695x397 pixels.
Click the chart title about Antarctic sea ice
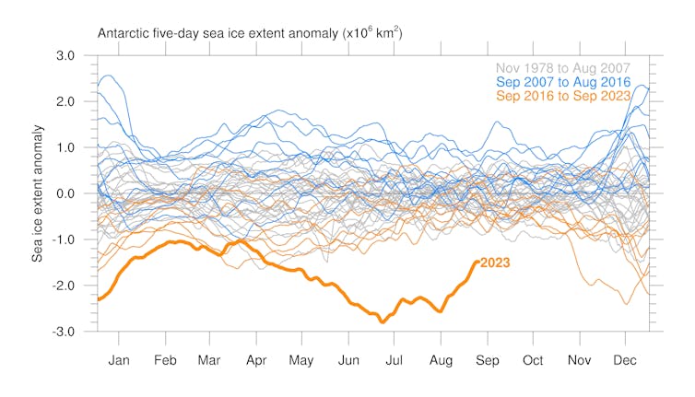click(x=250, y=33)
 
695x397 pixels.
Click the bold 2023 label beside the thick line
click(x=495, y=263)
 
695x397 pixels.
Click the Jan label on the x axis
click(x=119, y=360)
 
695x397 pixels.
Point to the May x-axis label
click(x=301, y=360)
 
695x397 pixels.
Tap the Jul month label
click(x=395, y=360)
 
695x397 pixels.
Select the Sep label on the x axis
click(x=489, y=360)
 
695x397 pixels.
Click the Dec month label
click(x=627, y=360)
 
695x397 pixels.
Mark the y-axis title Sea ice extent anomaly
click(x=39, y=194)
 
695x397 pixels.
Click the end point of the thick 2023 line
click(x=476, y=262)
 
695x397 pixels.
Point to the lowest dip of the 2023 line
click(x=381, y=321)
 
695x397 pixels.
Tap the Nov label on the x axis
click(x=581, y=360)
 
